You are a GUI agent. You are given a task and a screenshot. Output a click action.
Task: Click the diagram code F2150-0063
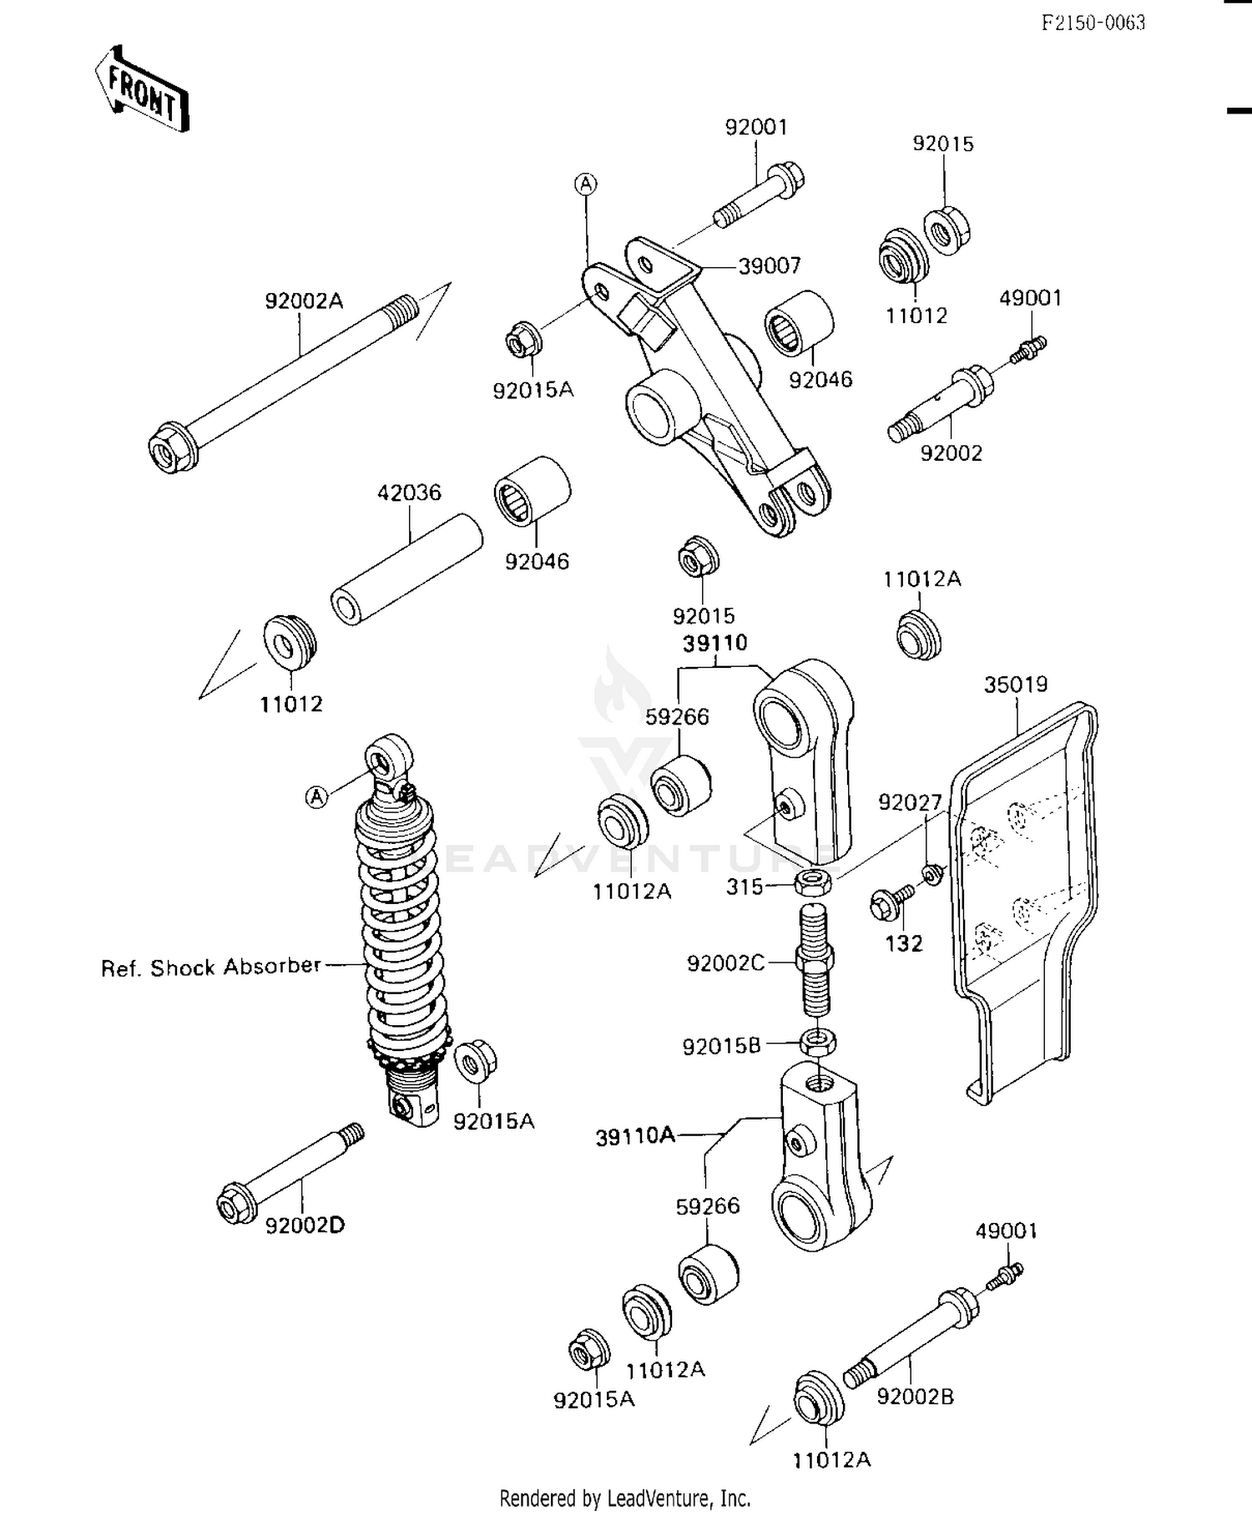click(x=1093, y=23)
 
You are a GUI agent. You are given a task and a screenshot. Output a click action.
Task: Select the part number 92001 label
click(x=755, y=128)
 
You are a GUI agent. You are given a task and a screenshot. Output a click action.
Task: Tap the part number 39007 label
click(x=769, y=266)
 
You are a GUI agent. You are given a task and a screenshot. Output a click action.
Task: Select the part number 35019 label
click(x=1015, y=685)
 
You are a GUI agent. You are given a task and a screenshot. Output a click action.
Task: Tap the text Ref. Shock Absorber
click(x=210, y=967)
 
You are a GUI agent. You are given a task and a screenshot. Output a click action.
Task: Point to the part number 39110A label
click(x=634, y=1136)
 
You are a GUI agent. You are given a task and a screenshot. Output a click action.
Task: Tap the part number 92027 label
click(x=909, y=802)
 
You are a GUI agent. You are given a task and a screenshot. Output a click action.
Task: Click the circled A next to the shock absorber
click(x=316, y=797)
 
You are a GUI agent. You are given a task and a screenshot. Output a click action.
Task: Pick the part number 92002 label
click(x=951, y=453)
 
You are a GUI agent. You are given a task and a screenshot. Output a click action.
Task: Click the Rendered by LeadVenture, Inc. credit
click(x=625, y=1498)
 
